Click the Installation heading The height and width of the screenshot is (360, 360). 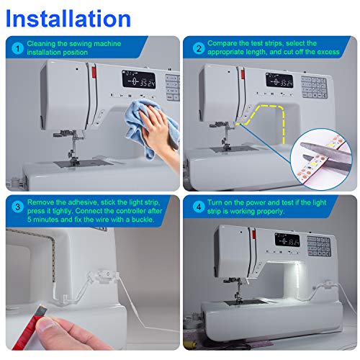click(70, 18)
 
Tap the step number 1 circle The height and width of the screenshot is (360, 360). click(17, 48)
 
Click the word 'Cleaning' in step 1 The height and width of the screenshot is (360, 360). click(45, 44)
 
